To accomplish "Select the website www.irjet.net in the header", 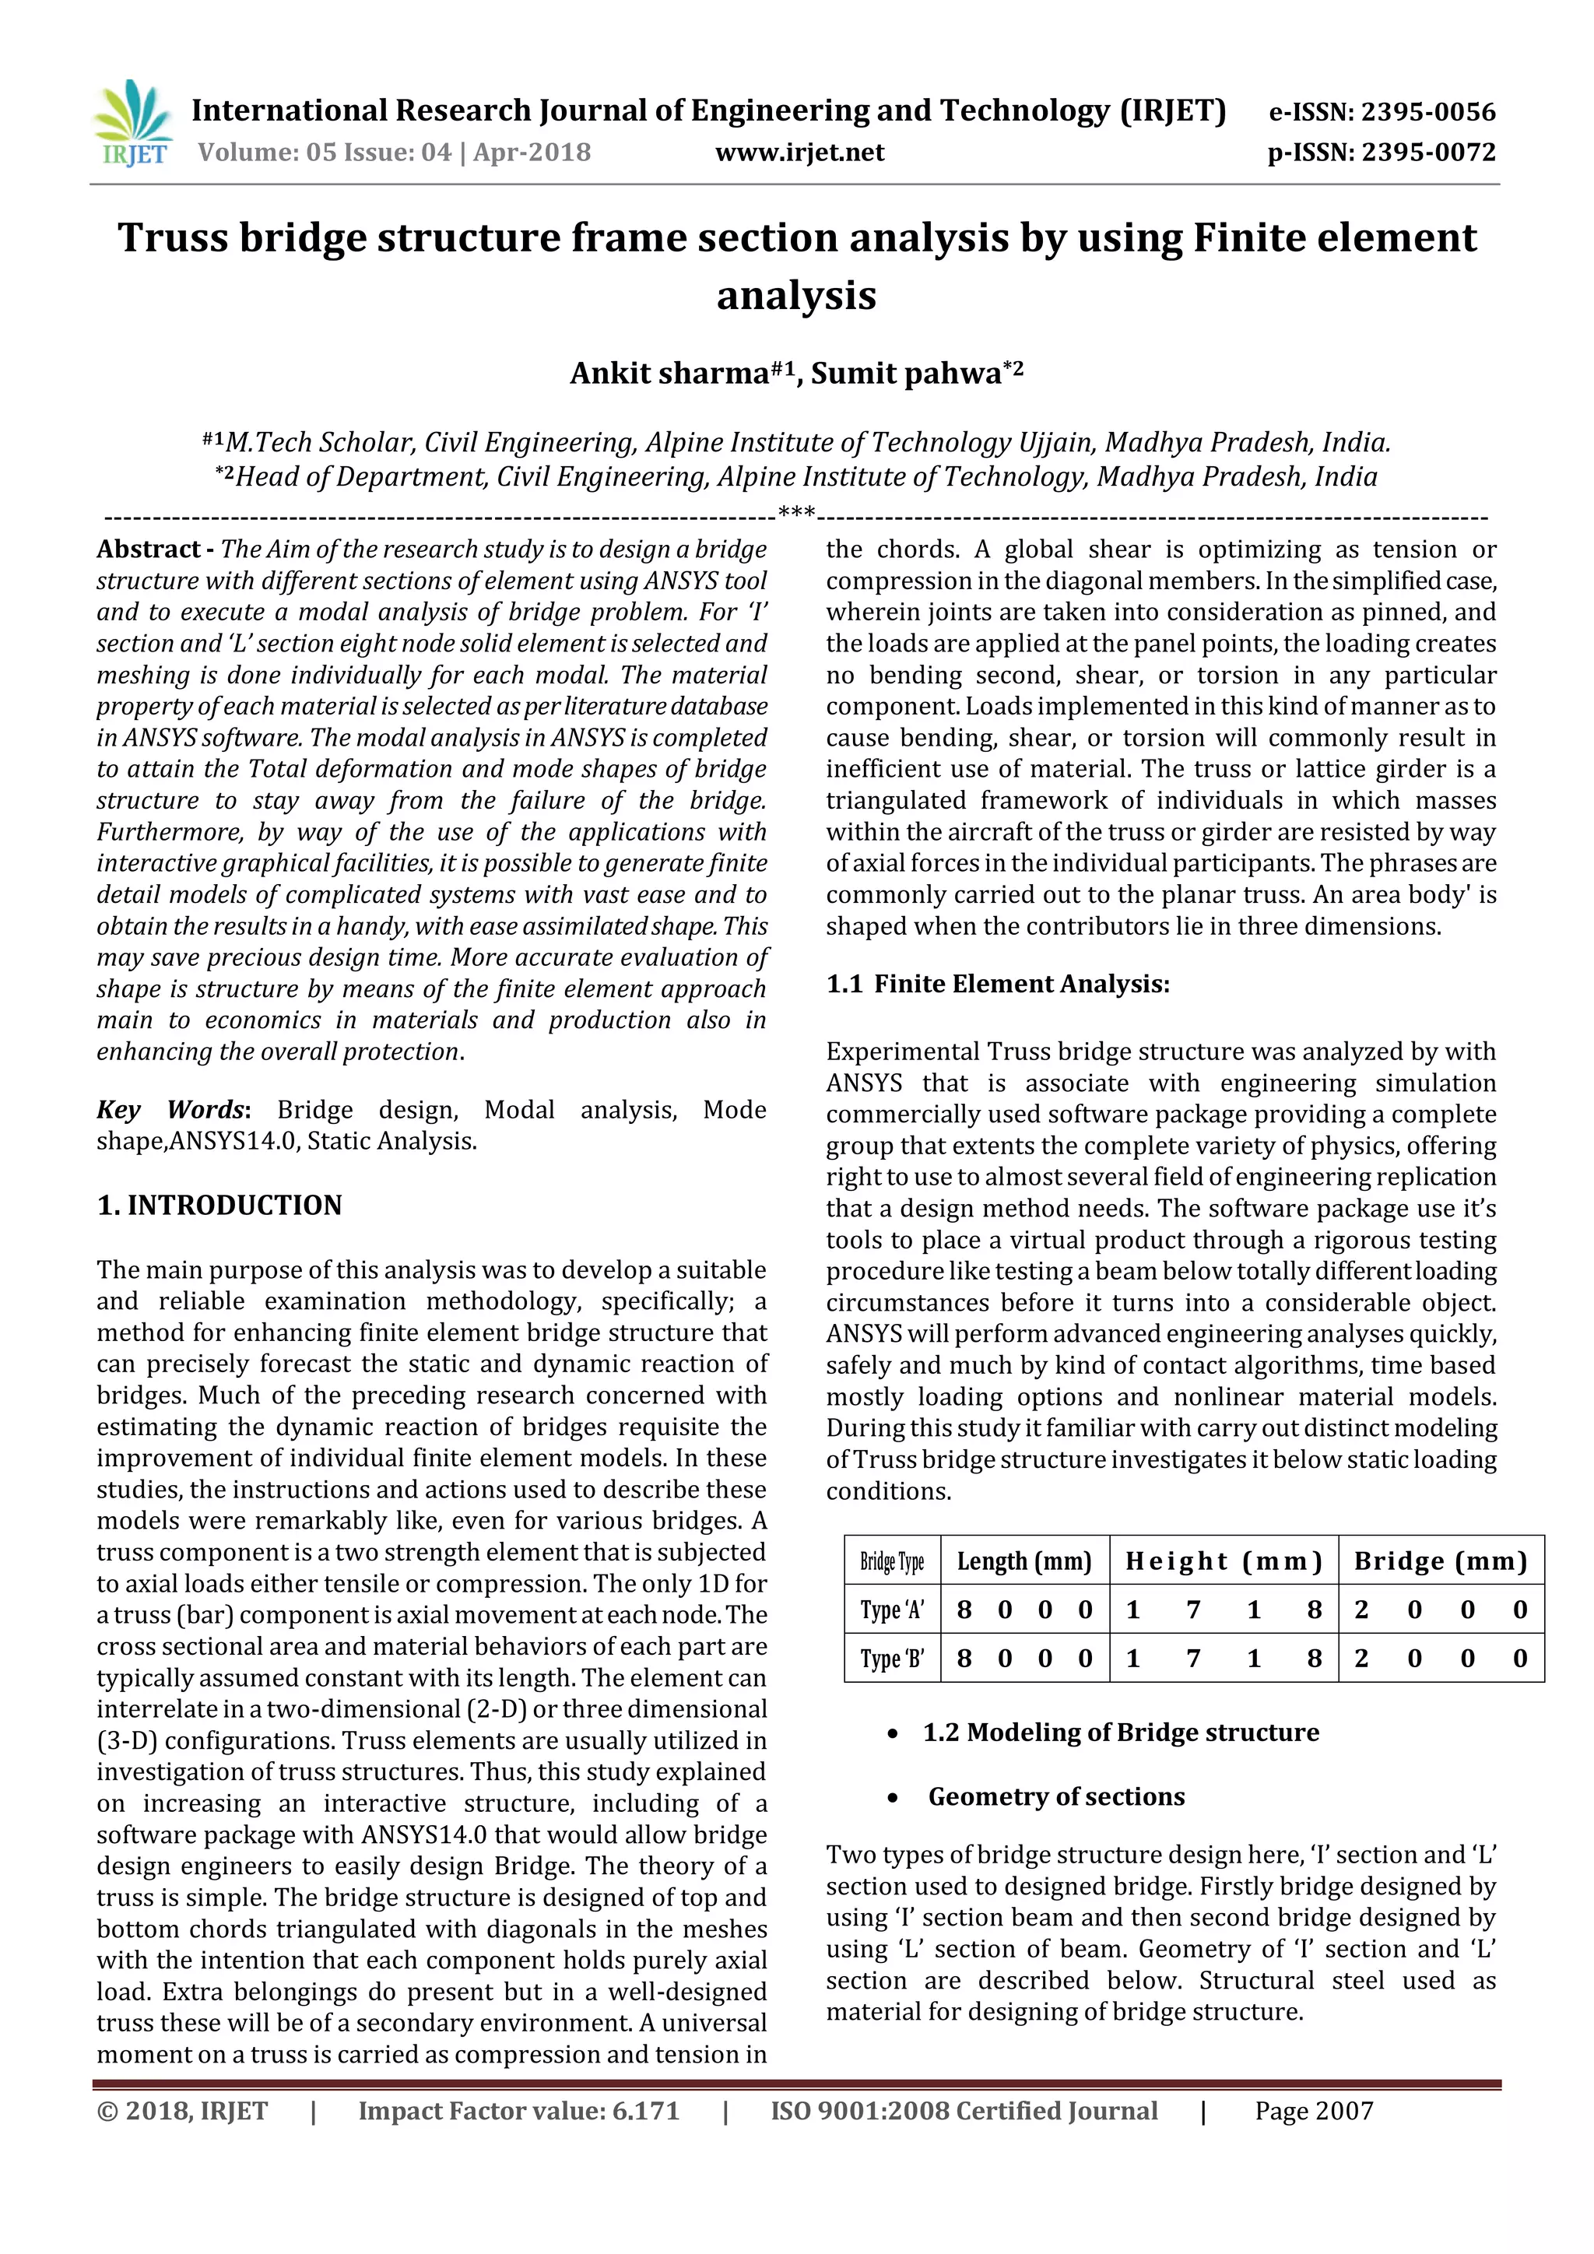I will (799, 153).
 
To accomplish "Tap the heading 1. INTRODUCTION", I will (219, 1206).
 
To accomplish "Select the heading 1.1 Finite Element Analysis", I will (997, 985).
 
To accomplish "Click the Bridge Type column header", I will (891, 1562).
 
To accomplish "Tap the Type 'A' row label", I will (891, 1610).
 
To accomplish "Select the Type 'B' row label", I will (891, 1659).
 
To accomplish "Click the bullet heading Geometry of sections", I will (1056, 1796).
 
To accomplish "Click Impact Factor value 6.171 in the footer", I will (518, 2112).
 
